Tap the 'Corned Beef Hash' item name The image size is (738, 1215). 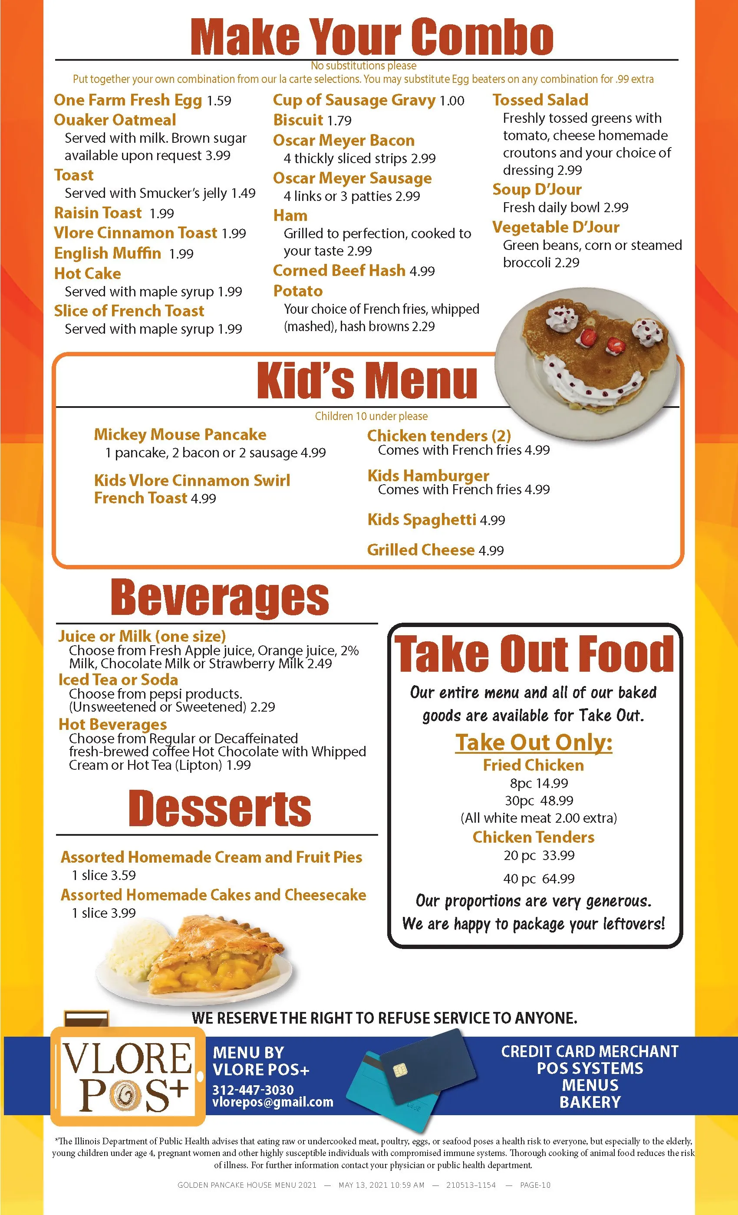[x=339, y=271]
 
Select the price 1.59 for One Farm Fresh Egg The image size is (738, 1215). [x=219, y=101]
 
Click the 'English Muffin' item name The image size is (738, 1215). [x=108, y=253]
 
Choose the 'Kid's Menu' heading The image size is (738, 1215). [x=366, y=380]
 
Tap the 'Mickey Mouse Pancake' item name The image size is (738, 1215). [x=180, y=434]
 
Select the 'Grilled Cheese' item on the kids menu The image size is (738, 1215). [x=421, y=550]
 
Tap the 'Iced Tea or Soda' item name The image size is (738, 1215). [x=118, y=680]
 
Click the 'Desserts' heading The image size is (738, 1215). [x=220, y=809]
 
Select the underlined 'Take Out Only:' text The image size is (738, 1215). [x=534, y=742]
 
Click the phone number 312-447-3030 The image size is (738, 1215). [x=253, y=1090]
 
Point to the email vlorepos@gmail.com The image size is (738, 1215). [x=273, y=1103]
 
